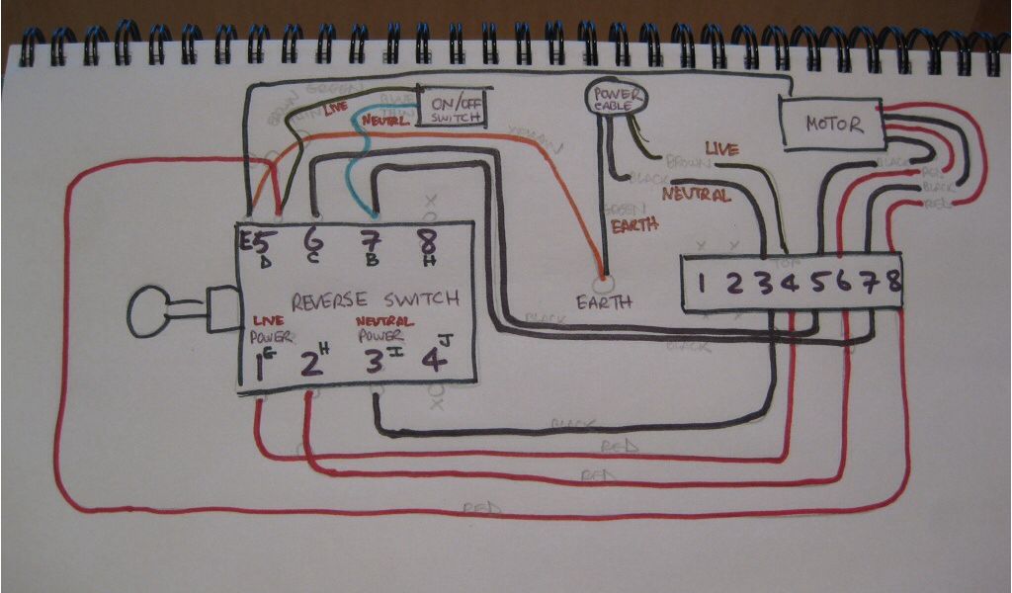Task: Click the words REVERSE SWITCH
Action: tap(376, 298)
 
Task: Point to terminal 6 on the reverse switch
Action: tap(314, 241)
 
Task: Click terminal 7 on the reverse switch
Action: tap(372, 242)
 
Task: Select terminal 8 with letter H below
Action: tap(427, 242)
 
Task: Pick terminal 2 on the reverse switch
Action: tap(310, 364)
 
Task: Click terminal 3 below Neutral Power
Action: tap(374, 362)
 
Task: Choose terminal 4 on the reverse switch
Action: tap(433, 360)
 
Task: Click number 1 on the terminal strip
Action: tap(701, 284)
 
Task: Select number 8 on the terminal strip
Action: tap(893, 282)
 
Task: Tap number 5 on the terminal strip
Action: tap(818, 283)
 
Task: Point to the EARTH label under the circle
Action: tap(605, 302)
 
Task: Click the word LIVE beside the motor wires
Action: tap(720, 149)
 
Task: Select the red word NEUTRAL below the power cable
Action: tap(696, 195)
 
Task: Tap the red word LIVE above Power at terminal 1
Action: tap(268, 321)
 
